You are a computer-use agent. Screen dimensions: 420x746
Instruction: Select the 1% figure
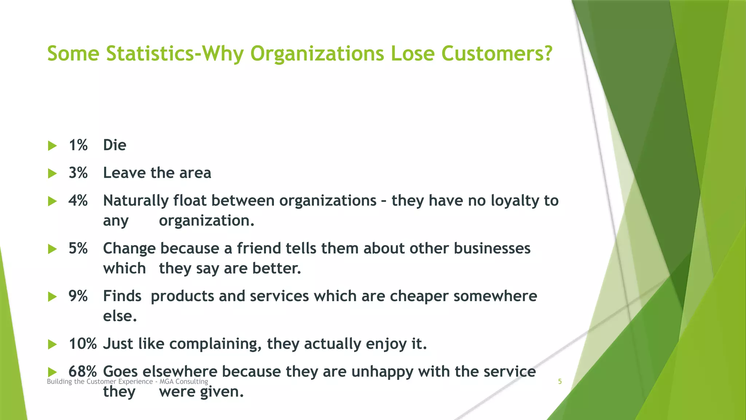coord(78,145)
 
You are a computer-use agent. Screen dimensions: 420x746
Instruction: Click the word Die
coord(114,145)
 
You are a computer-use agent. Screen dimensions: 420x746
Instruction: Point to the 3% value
coord(78,173)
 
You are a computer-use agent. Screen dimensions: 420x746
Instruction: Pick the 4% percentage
coord(78,201)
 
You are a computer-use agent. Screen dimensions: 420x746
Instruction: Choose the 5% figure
coord(78,248)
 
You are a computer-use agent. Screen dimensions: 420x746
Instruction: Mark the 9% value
coord(78,296)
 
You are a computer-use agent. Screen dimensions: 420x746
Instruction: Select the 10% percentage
coord(83,344)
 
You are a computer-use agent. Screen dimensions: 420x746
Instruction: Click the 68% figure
coord(83,372)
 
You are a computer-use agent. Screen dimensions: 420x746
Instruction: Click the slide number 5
coord(560,382)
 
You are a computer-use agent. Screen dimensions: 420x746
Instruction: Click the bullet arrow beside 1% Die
coord(52,146)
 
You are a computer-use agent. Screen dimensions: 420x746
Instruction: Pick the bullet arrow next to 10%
coord(52,345)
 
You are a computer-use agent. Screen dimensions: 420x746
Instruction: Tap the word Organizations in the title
coord(317,54)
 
